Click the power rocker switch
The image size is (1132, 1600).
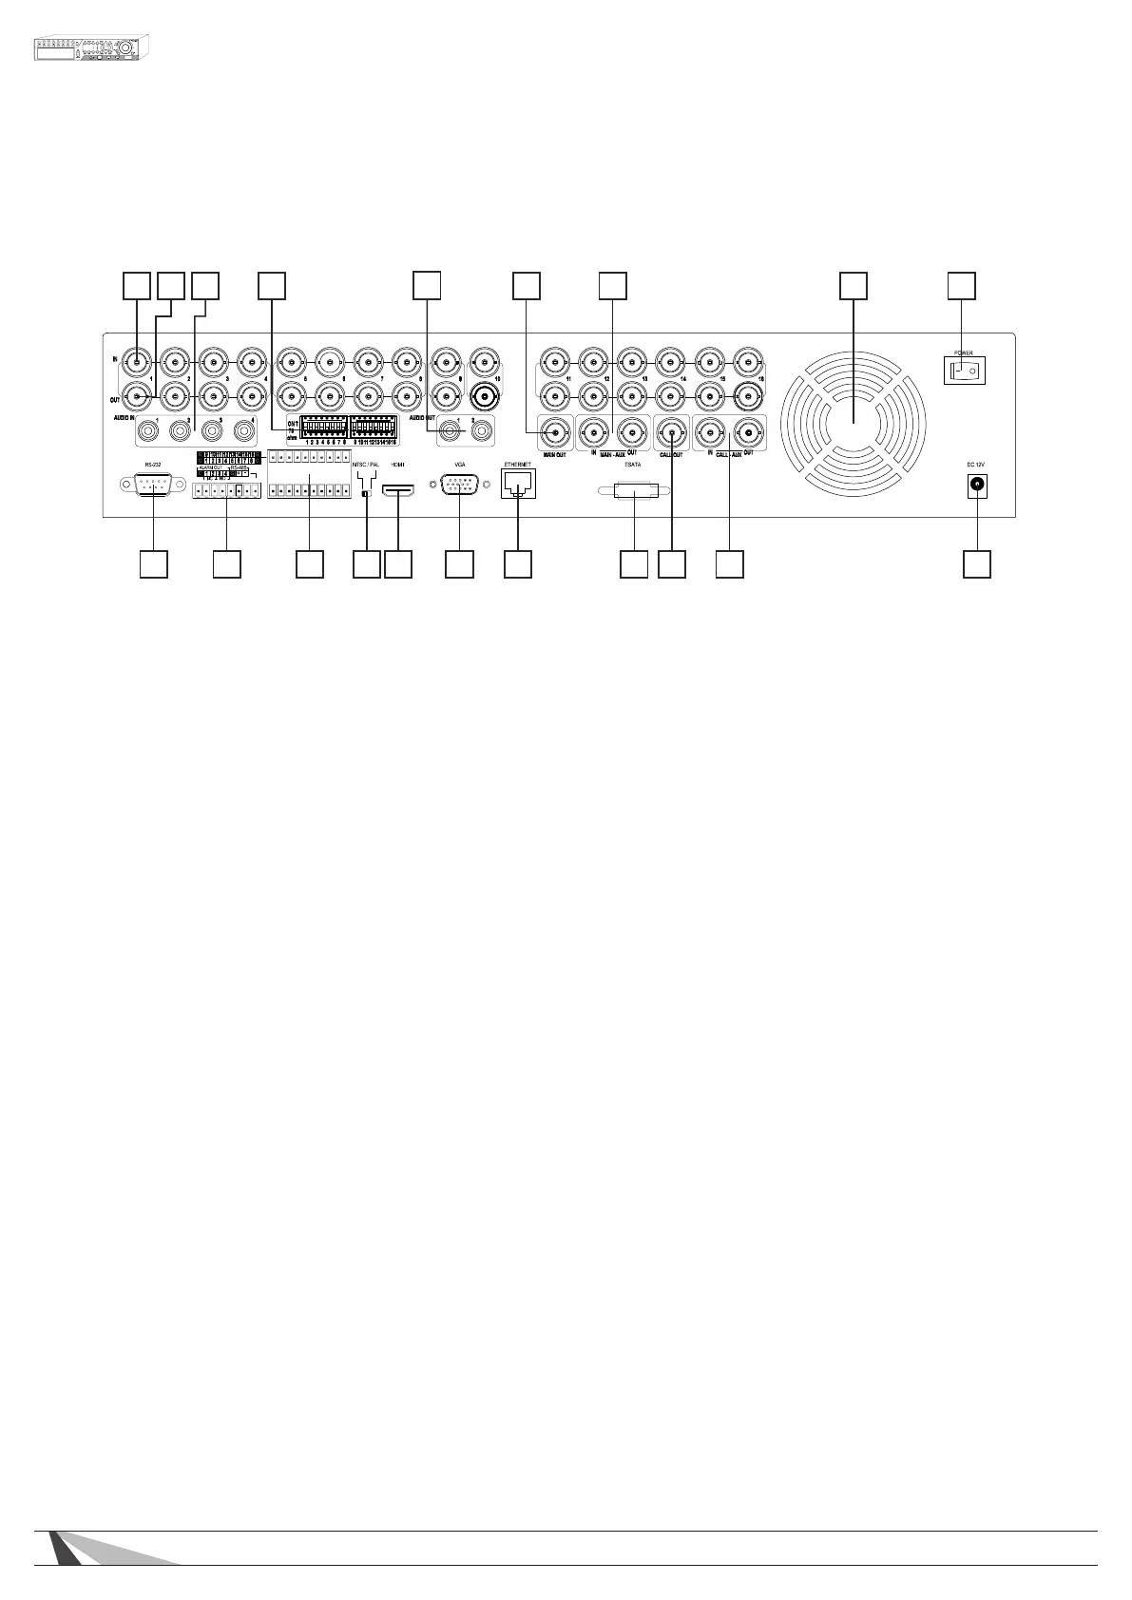[x=964, y=369]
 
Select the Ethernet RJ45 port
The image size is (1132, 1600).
[x=517, y=485]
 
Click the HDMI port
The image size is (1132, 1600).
[x=397, y=490]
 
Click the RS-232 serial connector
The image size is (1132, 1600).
[x=153, y=485]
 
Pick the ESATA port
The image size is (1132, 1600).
[x=633, y=492]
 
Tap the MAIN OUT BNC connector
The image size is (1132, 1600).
[x=554, y=434]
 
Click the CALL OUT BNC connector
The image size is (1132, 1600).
[x=672, y=434]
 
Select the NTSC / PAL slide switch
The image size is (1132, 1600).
[x=366, y=493]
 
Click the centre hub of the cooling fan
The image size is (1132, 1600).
[x=853, y=421]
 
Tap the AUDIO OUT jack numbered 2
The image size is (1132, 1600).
[x=482, y=432]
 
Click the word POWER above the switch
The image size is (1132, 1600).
[x=963, y=352]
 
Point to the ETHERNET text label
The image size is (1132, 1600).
[x=517, y=465]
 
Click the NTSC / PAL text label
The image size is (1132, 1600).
[x=366, y=465]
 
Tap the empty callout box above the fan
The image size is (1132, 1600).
[x=854, y=286]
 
